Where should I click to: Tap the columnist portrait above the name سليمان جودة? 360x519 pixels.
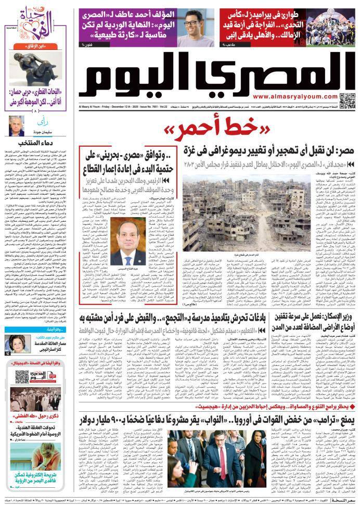point(16,125)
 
